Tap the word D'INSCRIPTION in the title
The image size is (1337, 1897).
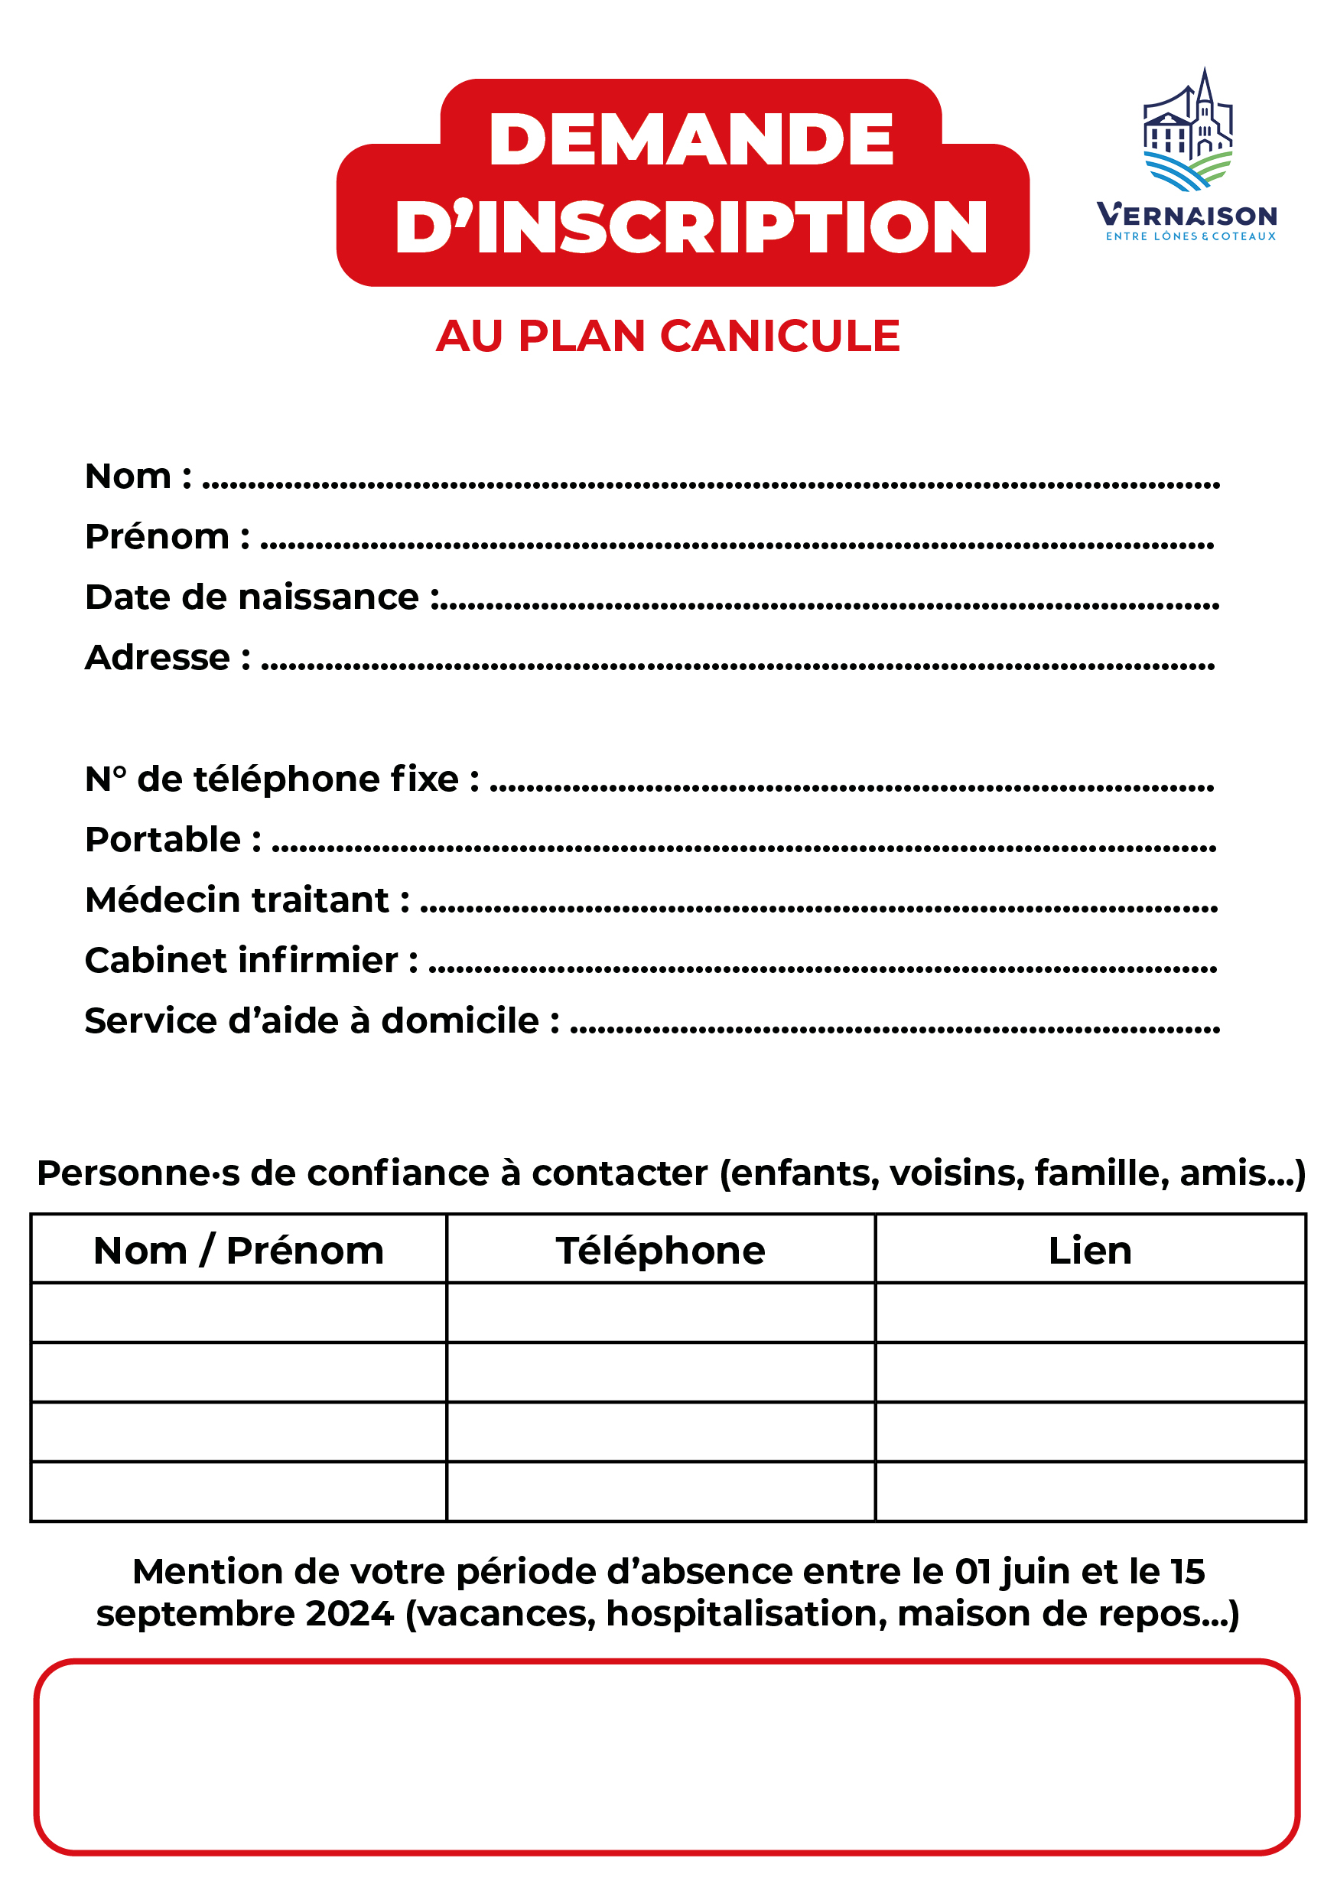point(691,227)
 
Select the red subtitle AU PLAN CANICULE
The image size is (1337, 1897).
point(668,337)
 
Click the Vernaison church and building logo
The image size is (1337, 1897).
point(1187,130)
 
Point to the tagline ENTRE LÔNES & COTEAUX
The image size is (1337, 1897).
point(1191,236)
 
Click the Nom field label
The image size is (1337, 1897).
point(137,477)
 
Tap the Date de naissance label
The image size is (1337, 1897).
point(261,597)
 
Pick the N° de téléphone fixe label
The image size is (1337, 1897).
point(281,779)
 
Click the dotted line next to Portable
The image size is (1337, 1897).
point(743,847)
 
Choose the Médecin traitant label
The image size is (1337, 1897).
point(246,900)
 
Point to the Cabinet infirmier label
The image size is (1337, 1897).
point(250,960)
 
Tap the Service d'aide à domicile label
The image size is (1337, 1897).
point(320,1020)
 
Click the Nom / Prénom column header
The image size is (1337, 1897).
point(238,1250)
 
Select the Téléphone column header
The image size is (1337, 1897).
point(660,1250)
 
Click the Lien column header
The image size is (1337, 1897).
point(1089,1250)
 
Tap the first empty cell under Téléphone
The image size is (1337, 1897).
point(660,1313)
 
